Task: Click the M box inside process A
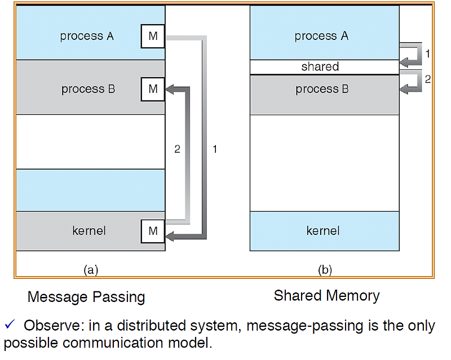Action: (x=153, y=37)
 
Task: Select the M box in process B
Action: (x=153, y=88)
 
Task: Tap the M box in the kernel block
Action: (x=153, y=230)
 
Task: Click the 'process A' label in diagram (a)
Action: (x=87, y=36)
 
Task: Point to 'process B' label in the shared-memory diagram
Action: (x=322, y=89)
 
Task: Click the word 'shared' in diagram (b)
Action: (x=320, y=66)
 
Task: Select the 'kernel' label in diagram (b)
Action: (x=323, y=230)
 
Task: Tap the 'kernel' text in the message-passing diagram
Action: (x=89, y=230)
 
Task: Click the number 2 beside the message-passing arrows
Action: (x=177, y=149)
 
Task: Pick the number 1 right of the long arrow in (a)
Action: (x=214, y=149)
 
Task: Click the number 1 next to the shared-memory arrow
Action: (x=427, y=54)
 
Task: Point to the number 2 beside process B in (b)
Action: (x=427, y=79)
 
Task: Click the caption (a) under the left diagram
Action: (x=91, y=270)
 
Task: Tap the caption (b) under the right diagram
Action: (x=325, y=270)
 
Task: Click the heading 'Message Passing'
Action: (x=86, y=297)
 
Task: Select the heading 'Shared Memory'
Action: (x=326, y=295)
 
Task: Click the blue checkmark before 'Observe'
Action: (x=10, y=325)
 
